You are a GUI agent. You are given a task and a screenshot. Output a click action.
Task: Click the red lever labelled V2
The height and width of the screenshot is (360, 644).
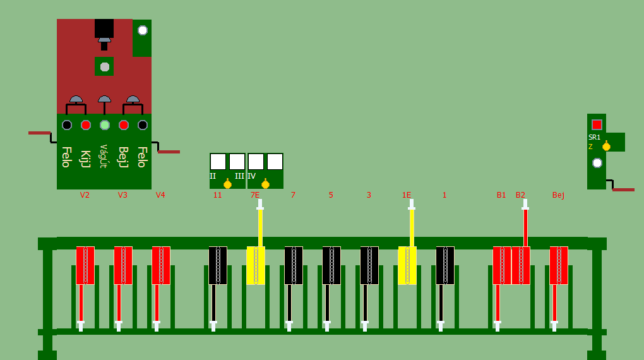85,265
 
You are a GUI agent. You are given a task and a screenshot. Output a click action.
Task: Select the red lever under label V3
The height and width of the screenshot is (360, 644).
123,265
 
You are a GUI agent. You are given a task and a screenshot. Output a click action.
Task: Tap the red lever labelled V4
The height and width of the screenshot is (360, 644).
161,265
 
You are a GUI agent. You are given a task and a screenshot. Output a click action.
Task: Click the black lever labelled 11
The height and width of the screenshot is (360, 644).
218,265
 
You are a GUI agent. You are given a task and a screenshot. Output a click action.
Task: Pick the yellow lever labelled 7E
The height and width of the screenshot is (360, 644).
256,265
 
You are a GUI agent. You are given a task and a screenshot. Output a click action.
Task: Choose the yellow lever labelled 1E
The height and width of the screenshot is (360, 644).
407,265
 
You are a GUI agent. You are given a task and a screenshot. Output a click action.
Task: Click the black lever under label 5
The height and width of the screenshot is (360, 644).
331,265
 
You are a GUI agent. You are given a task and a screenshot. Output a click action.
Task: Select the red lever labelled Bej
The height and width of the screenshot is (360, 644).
559,265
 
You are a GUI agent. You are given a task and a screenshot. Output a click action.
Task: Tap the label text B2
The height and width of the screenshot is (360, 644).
520,195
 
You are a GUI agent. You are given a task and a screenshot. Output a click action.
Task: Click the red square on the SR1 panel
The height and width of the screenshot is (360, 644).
597,124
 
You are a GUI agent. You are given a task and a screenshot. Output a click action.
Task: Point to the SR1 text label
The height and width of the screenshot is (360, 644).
594,137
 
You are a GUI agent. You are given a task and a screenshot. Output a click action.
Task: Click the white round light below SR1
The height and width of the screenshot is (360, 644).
597,163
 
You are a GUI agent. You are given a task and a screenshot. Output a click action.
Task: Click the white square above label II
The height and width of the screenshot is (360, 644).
218,162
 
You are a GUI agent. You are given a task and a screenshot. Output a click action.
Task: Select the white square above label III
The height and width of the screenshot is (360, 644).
237,162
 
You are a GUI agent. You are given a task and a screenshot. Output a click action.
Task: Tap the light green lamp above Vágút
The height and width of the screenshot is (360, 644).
105,125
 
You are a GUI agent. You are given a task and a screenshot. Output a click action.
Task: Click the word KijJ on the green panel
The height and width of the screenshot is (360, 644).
85,159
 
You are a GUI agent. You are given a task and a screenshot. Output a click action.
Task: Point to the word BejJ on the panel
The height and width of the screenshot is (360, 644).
123,157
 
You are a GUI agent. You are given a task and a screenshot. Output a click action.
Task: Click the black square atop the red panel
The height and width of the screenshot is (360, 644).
104,28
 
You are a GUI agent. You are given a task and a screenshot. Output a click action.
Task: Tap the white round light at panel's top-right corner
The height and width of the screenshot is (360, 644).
143,30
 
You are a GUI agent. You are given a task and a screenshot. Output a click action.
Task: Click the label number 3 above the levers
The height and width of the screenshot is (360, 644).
369,195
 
